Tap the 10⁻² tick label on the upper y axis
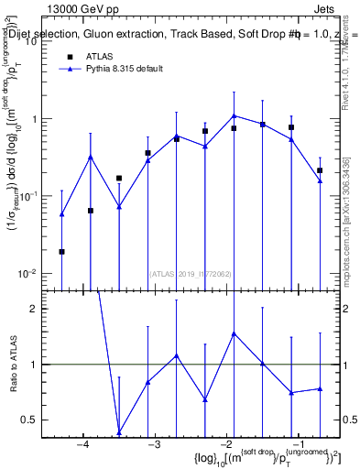(27, 273)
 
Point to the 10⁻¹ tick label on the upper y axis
(27, 196)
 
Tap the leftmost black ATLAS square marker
(61, 251)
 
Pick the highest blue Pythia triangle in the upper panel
(235, 115)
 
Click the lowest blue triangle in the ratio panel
(119, 432)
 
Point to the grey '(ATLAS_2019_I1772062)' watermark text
(191, 272)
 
